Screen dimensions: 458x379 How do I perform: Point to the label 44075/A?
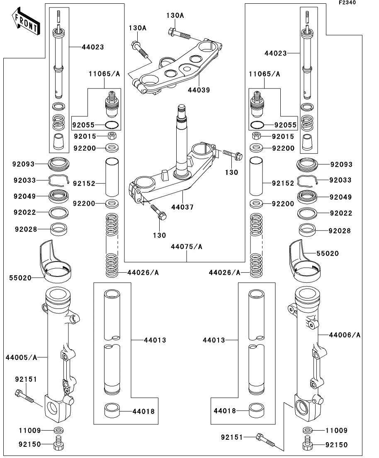coord(187,247)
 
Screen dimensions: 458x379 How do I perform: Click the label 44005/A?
coord(22,357)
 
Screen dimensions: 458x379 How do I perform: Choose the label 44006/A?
coord(345,334)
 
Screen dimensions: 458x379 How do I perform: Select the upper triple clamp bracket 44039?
coord(178,66)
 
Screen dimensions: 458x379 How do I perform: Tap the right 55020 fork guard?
coord(304,262)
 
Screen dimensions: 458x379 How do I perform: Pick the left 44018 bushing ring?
coord(111,411)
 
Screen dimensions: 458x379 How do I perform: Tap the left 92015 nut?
coord(111,136)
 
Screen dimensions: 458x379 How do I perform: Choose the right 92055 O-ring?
coord(257,125)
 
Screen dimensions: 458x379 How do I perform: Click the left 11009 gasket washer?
coord(58,430)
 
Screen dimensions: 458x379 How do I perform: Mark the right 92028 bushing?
coord(308,229)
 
